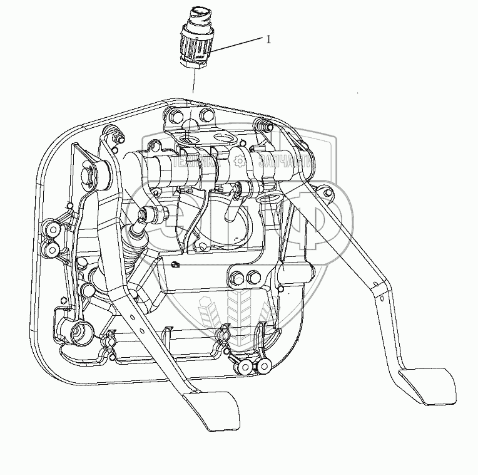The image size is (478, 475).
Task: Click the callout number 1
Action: tap(268, 39)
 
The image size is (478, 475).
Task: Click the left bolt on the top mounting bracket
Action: tap(175, 116)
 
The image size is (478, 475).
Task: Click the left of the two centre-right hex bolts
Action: tap(238, 277)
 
